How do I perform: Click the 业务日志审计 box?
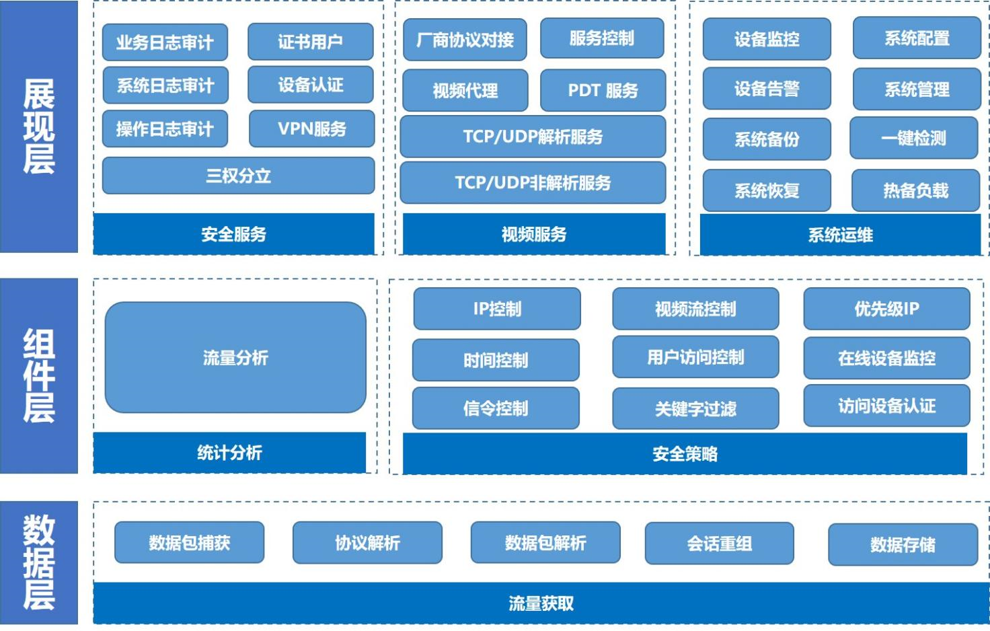tap(165, 42)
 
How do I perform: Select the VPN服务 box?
tap(311, 128)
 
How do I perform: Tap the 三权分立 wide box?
tap(238, 176)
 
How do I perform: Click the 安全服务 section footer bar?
tap(233, 234)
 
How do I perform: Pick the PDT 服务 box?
tap(603, 90)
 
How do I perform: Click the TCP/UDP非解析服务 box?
tap(533, 182)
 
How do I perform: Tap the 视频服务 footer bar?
tap(534, 234)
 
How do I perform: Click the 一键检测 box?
tap(913, 139)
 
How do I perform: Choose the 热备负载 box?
tap(915, 190)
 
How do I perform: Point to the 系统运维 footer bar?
tap(840, 235)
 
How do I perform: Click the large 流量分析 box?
tap(235, 357)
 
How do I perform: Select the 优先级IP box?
tap(886, 309)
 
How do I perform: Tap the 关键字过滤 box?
tap(695, 408)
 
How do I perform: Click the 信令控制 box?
tap(496, 408)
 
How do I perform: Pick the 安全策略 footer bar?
tap(685, 454)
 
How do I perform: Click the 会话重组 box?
tap(719, 544)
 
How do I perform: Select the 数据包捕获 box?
tap(189, 543)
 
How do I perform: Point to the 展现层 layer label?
tap(38, 126)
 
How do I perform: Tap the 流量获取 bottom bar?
tap(541, 603)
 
